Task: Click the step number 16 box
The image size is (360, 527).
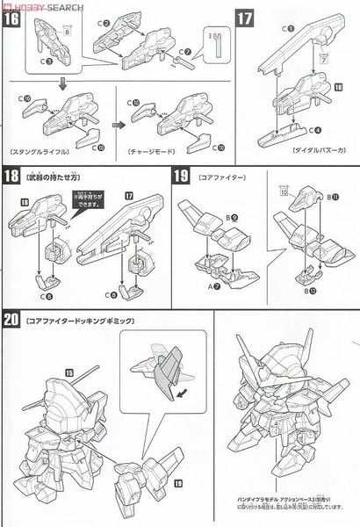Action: tap(13, 18)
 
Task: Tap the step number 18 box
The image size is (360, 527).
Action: tap(13, 177)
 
